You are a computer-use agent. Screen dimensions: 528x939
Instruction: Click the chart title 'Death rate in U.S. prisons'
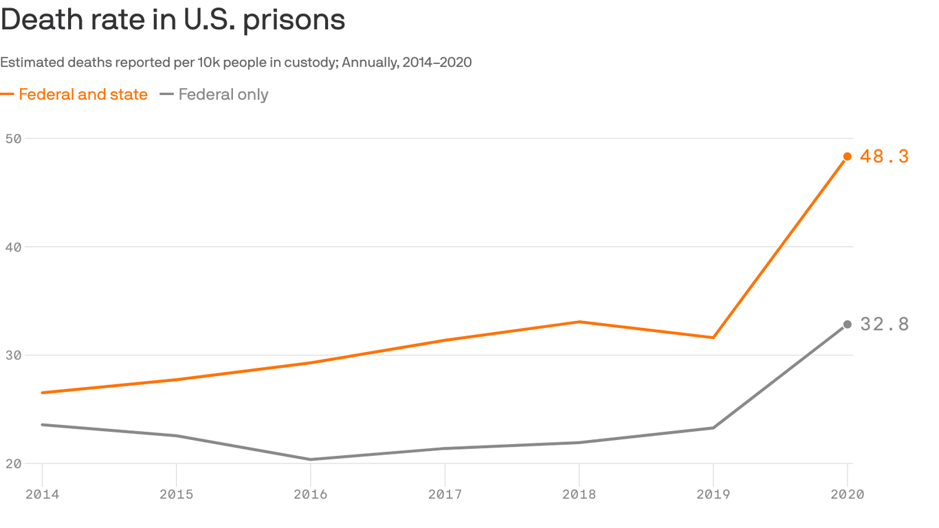click(x=173, y=20)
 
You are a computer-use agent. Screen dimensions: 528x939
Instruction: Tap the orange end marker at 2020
click(x=847, y=157)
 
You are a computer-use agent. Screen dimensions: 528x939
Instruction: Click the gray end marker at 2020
click(x=847, y=324)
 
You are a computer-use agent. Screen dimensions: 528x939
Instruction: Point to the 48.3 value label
click(x=884, y=157)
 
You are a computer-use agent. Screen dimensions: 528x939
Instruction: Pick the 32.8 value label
click(x=884, y=324)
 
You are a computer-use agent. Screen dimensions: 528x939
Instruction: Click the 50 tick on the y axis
click(x=13, y=138)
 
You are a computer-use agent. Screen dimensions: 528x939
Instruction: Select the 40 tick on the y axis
click(x=13, y=247)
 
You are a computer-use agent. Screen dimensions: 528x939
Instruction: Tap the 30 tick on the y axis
click(x=13, y=355)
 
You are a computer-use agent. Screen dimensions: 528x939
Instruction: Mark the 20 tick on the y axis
click(x=13, y=463)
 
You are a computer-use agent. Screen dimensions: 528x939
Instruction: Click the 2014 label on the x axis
click(x=42, y=494)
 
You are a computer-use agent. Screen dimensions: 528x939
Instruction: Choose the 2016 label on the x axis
click(x=311, y=494)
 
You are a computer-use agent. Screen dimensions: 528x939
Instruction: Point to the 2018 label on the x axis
click(x=579, y=494)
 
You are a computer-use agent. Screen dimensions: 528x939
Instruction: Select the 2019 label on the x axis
click(x=713, y=494)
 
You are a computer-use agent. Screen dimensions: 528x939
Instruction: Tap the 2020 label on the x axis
click(x=847, y=494)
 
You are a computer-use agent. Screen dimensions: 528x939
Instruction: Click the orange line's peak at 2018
click(x=579, y=322)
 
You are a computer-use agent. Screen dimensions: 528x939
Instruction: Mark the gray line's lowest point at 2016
click(x=311, y=459)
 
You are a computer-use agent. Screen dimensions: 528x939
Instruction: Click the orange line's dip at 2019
click(x=713, y=338)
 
